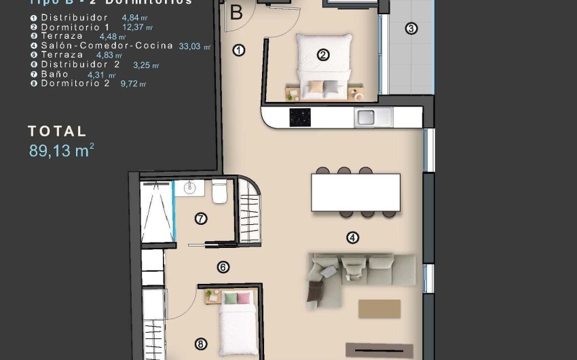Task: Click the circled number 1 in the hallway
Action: [238, 50]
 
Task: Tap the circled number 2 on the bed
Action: [323, 55]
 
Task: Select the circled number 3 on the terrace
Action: [411, 29]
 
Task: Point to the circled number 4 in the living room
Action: [352, 237]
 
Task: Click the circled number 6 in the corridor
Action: [223, 268]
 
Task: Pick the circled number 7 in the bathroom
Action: [200, 219]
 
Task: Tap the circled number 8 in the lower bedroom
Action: [200, 343]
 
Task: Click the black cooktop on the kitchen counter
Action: [299, 117]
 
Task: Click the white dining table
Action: [355, 192]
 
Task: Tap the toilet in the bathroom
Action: [219, 194]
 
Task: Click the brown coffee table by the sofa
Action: [379, 308]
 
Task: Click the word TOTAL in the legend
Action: [57, 131]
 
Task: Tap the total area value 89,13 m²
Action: [61, 151]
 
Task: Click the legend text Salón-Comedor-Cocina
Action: [102, 46]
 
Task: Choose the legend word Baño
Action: [54, 74]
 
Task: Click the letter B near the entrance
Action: [236, 12]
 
